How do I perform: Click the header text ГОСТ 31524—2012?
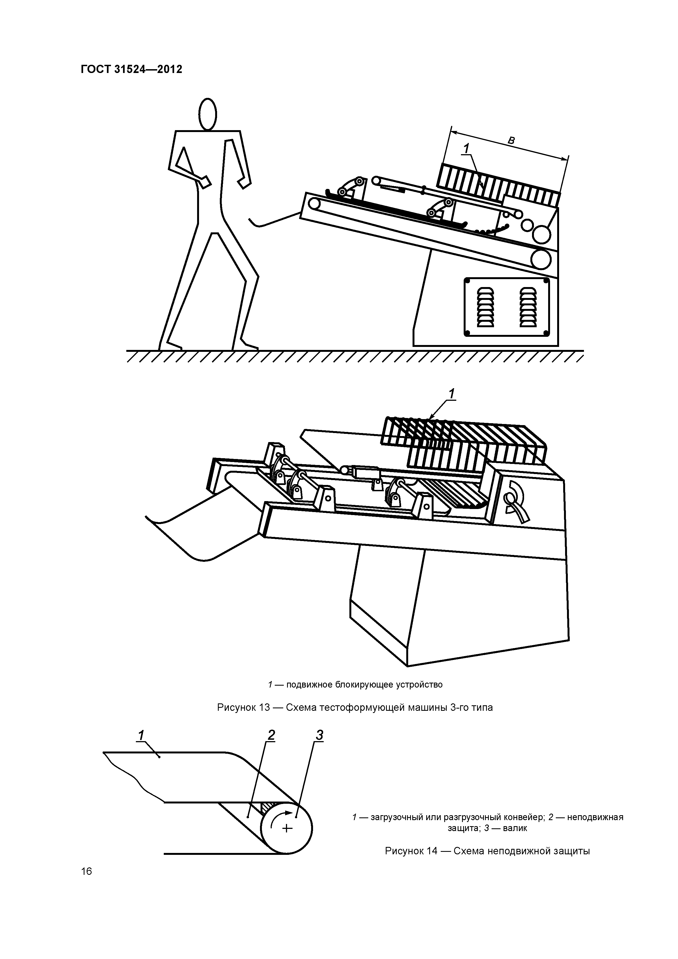pyautogui.click(x=131, y=69)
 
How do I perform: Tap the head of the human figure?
pyautogui.click(x=208, y=114)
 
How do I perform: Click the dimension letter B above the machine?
pyautogui.click(x=511, y=141)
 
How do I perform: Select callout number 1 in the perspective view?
pyautogui.click(x=452, y=394)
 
